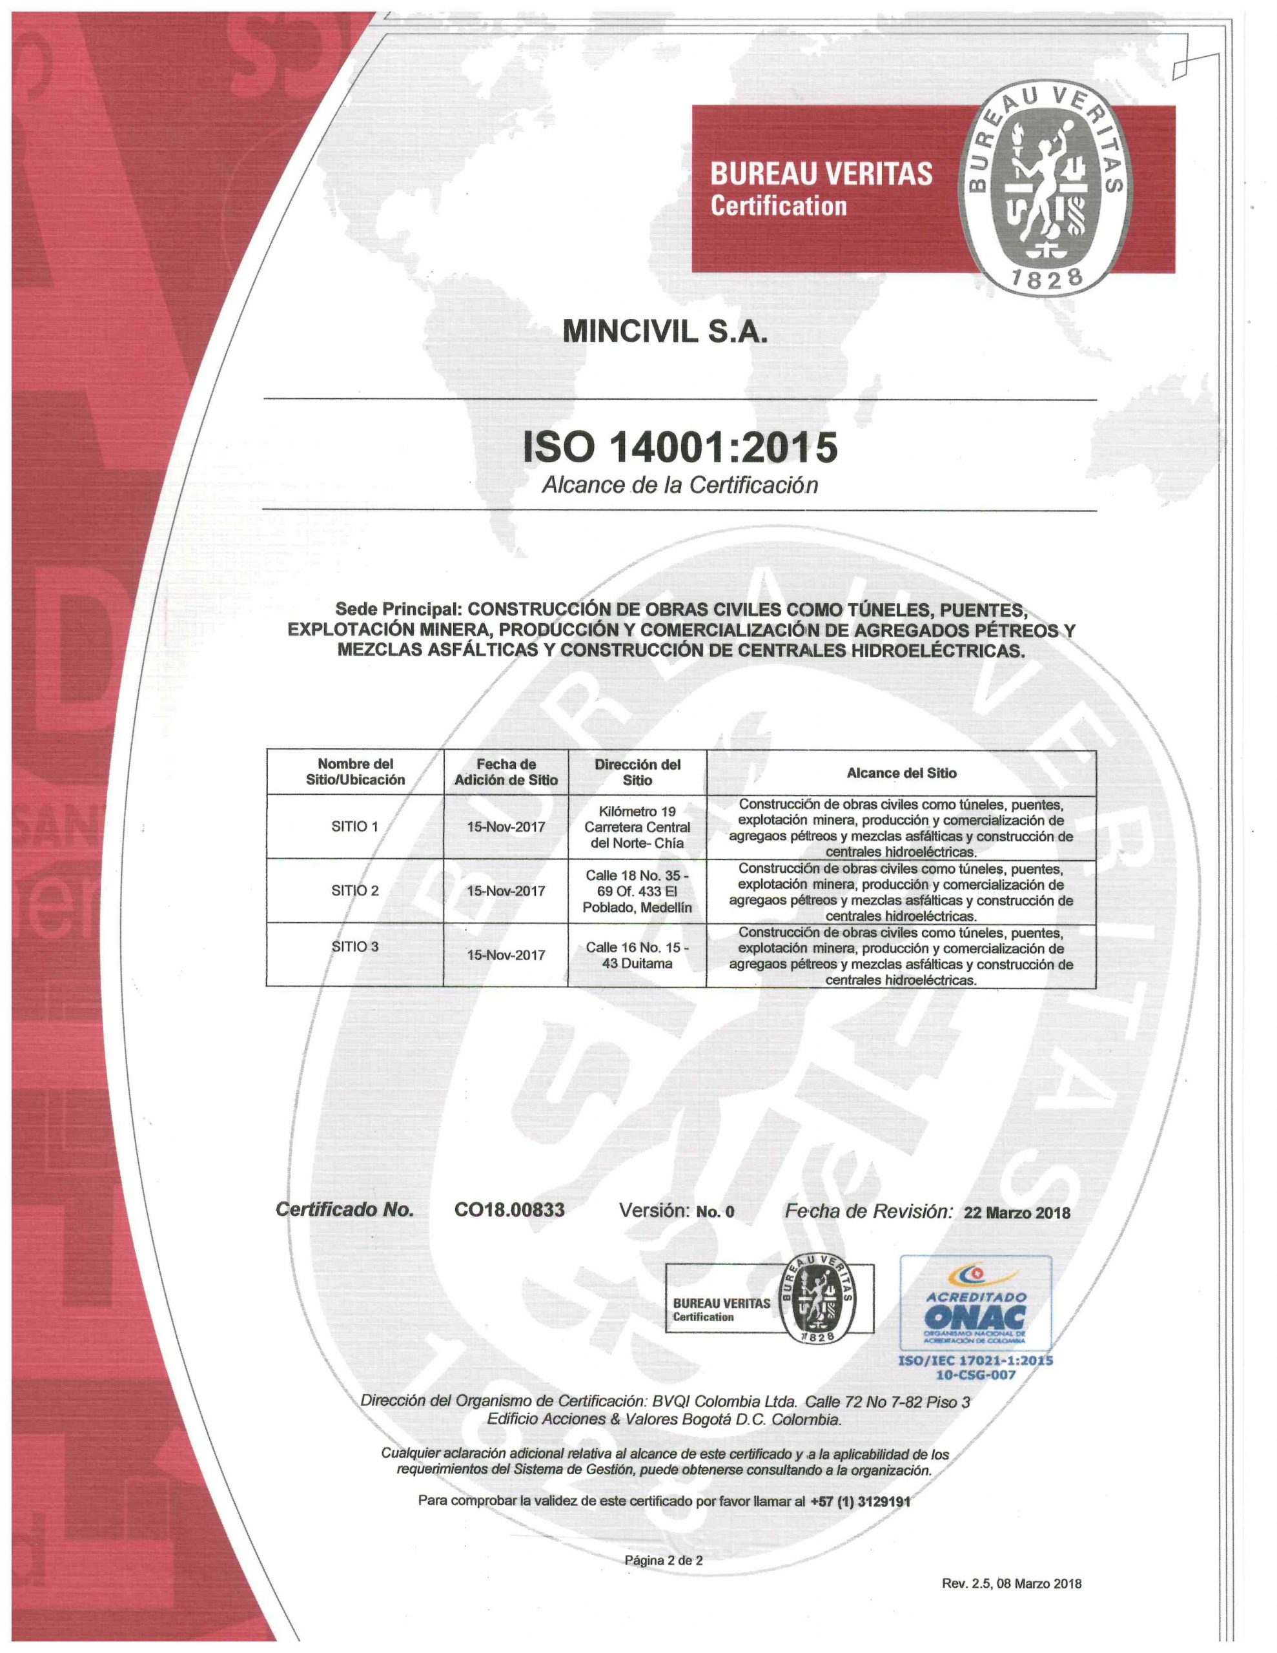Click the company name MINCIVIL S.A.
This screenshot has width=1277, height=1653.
[664, 333]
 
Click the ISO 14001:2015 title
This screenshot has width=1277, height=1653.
[680, 447]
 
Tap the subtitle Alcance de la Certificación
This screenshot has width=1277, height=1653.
[679, 485]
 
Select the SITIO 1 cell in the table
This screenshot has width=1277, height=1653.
[354, 826]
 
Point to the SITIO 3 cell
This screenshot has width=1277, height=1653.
[354, 946]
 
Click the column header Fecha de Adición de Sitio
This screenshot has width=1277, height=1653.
[506, 772]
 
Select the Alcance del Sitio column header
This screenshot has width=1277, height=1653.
[901, 773]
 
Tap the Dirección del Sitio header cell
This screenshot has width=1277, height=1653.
[637, 772]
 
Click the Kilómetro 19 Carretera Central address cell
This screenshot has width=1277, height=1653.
[637, 826]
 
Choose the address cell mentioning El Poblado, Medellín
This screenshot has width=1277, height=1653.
[637, 891]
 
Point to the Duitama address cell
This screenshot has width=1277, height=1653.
[637, 955]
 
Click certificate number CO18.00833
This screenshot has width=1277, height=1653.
[509, 1209]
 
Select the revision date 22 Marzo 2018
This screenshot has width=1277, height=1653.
[1017, 1213]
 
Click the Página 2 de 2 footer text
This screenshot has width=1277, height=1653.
[663, 1560]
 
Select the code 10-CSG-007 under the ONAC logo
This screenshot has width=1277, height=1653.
[975, 1375]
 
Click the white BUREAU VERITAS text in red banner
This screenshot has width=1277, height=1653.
[821, 175]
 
